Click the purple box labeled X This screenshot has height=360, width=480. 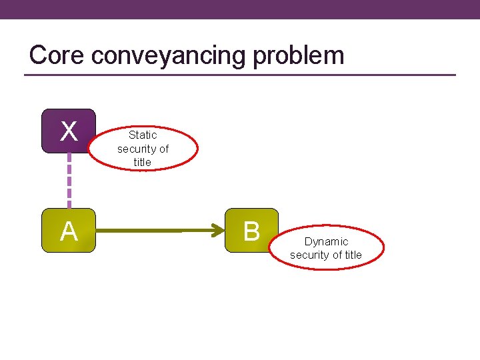coord(69,131)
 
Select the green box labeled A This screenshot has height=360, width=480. coord(69,231)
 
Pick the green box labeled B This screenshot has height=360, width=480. coord(251,231)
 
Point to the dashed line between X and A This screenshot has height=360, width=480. coord(69,181)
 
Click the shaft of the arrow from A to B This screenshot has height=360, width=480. coord(160,231)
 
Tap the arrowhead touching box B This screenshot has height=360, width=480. coord(219,231)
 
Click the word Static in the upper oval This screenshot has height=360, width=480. coord(143,135)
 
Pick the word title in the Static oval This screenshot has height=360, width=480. coord(143,162)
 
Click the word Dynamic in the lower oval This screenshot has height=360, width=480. coord(326,241)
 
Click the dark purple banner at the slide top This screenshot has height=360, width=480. coord(240,9)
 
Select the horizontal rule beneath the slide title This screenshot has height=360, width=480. coord(240,75)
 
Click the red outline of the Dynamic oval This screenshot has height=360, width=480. coord(384,249)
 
